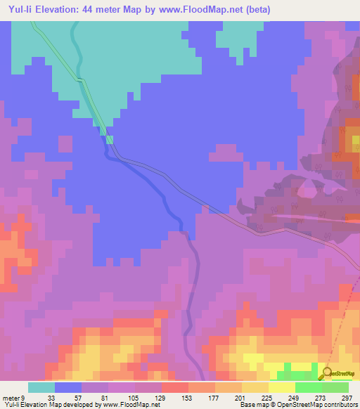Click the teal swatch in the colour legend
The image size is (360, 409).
(x=41, y=387)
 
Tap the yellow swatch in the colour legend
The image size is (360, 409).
(x=281, y=387)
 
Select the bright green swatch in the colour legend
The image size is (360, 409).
(x=308, y=387)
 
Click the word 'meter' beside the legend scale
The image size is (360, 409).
(x=11, y=398)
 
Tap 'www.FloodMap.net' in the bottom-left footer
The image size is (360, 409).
(x=131, y=405)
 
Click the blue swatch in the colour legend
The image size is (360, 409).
(x=68, y=387)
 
